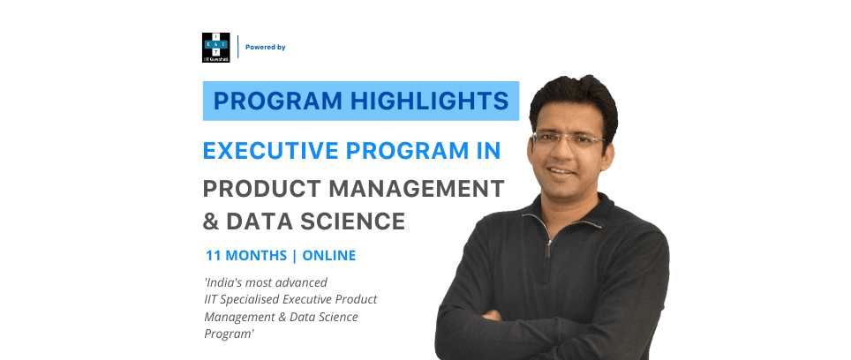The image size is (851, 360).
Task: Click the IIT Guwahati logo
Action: click(x=215, y=47)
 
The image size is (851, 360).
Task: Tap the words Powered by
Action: click(x=266, y=48)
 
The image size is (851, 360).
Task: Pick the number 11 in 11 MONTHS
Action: click(x=212, y=256)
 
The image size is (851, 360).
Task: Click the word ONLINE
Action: click(x=328, y=256)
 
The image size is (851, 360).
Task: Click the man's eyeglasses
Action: click(x=569, y=139)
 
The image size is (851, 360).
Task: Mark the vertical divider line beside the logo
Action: click(x=237, y=47)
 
